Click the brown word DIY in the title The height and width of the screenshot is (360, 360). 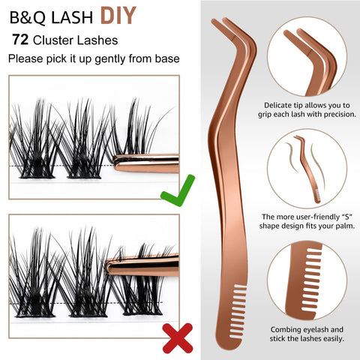118,16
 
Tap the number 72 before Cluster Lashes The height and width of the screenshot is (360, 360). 20,40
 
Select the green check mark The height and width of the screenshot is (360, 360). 178,190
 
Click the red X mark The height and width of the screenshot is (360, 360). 178,338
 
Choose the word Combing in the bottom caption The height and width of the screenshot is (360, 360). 286,330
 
